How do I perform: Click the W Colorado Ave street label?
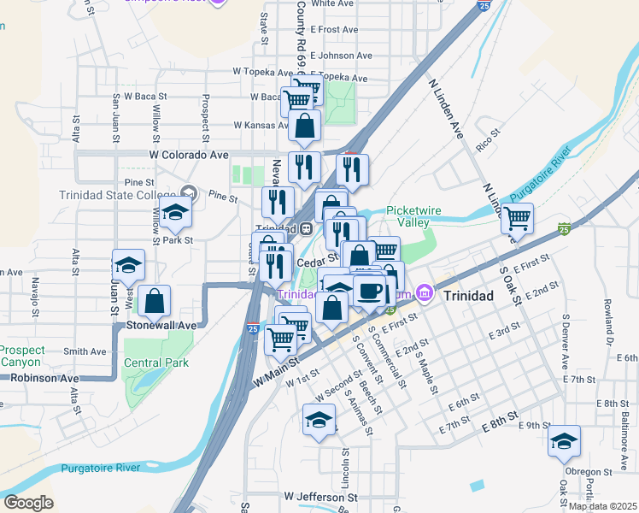click(x=189, y=156)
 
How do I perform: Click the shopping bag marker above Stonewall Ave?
click(x=154, y=301)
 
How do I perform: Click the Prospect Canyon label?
click(x=22, y=356)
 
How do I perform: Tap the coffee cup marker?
click(x=369, y=291)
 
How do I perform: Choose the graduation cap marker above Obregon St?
click(x=564, y=441)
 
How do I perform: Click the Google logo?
click(x=28, y=503)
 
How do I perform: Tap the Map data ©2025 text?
click(x=602, y=506)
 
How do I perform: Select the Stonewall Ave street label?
click(x=161, y=326)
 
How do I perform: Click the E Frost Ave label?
click(x=334, y=29)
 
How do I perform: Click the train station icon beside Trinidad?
click(x=305, y=228)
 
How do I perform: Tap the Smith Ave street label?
click(x=85, y=351)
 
